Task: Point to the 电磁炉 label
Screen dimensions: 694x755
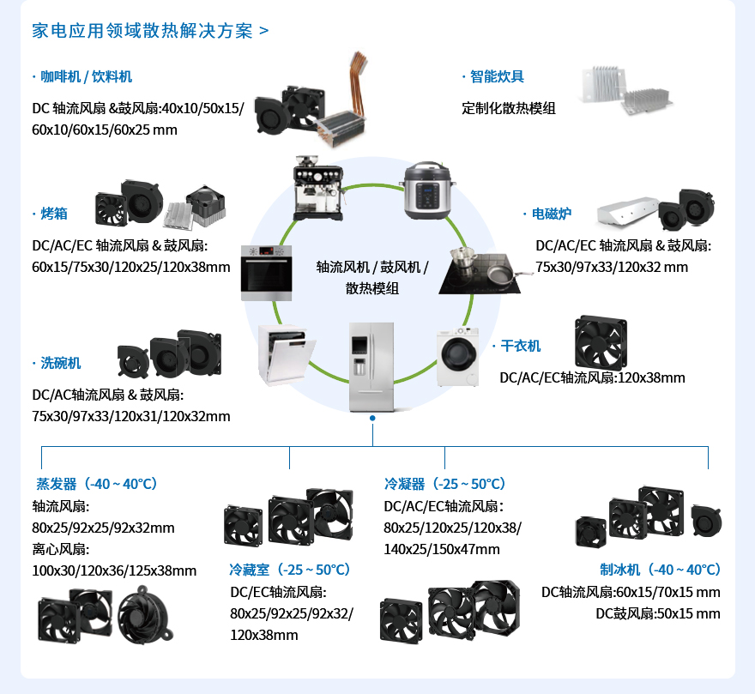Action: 550,213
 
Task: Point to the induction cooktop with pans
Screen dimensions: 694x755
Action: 480,270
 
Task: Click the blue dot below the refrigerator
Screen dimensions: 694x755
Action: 372,419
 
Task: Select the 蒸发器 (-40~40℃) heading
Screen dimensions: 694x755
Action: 96,484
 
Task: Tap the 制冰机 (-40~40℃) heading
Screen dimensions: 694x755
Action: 660,570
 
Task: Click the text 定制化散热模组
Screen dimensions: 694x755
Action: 508,108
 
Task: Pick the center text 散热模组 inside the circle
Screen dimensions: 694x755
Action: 372,288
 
